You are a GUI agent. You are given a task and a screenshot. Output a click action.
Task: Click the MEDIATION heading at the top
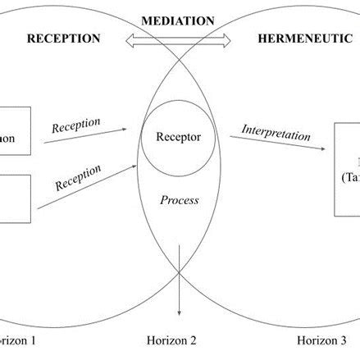pos(179,20)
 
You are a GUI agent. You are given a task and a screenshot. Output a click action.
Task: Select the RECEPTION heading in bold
pos(64,39)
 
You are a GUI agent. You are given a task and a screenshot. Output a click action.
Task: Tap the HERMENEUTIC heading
pos(298,39)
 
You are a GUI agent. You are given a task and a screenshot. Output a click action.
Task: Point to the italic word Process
pos(179,200)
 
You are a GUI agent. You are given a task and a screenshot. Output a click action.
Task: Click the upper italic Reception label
pos(76,125)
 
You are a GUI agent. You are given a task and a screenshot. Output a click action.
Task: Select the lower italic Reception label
pos(78,178)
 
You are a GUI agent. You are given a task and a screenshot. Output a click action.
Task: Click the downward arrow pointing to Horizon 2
pos(179,291)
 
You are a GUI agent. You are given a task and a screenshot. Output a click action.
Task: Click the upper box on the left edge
pos(15,131)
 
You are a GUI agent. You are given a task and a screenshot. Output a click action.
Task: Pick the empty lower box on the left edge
pos(15,198)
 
